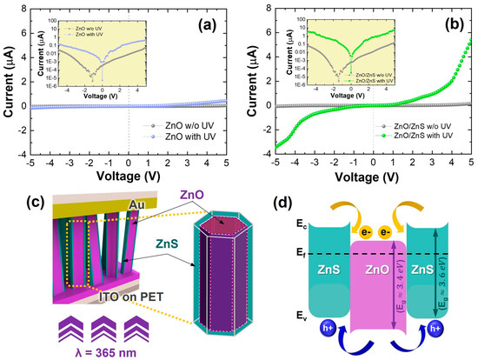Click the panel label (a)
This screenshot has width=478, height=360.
click(215, 17)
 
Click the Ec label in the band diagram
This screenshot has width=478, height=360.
click(299, 227)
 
